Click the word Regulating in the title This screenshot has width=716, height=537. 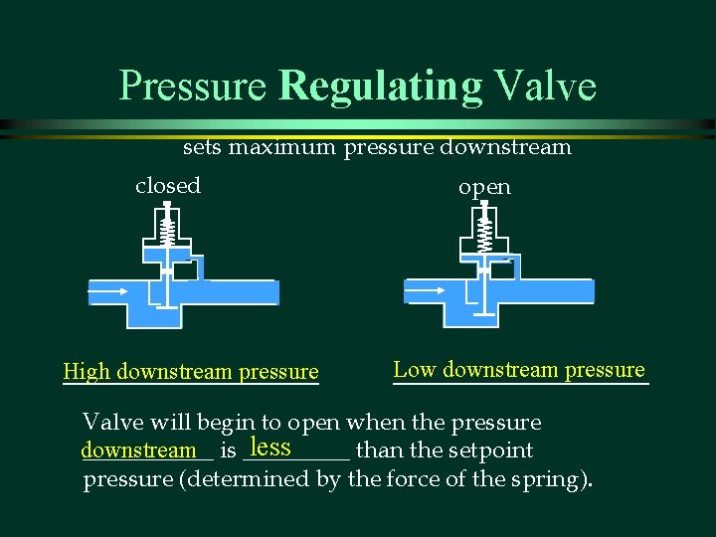point(381,86)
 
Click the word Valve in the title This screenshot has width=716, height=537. point(545,86)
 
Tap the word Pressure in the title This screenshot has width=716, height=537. point(193,86)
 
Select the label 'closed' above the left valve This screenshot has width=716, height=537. point(168,186)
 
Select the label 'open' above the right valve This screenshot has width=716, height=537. point(484,187)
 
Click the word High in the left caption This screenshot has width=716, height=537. point(87,372)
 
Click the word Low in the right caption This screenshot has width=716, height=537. point(415,370)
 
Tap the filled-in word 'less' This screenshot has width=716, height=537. point(270,447)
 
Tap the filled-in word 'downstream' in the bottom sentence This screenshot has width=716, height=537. point(138,450)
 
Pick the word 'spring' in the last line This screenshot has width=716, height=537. point(548,479)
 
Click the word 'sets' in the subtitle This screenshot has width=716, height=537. point(202,148)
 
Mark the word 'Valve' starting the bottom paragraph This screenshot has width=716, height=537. point(110,422)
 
